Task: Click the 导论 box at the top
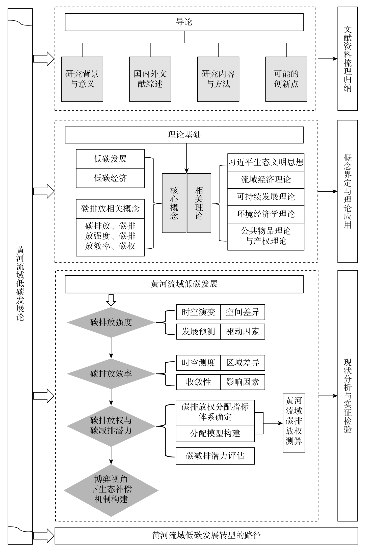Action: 184,22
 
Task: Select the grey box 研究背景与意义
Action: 82,79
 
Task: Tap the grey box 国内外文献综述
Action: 150,79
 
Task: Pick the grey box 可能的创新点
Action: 286,79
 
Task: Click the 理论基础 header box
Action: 184,135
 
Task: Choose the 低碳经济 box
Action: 110,178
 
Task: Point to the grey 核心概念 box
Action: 174,203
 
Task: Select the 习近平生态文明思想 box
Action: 266,162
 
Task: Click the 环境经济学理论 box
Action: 266,214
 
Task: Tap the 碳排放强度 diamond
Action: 111,322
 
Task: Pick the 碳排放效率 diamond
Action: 111,373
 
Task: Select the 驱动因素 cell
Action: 243,332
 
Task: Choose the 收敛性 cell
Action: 198,382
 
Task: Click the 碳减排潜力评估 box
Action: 215,456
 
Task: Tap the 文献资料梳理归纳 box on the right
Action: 347,59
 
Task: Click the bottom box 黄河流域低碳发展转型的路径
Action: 206,535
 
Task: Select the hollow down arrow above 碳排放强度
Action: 111,300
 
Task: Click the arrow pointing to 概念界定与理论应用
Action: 327,191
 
